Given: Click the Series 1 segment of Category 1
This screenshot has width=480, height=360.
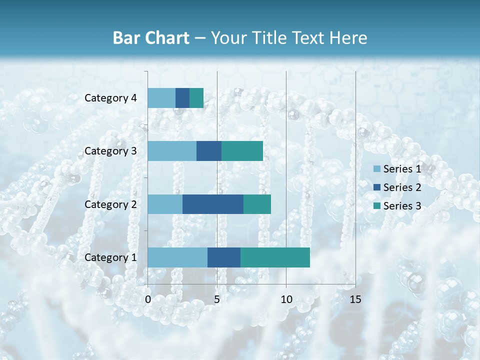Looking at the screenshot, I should tap(177, 257).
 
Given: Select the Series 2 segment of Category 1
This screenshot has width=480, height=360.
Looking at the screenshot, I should tap(224, 257).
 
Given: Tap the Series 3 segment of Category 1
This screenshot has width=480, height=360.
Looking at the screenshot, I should tap(275, 257).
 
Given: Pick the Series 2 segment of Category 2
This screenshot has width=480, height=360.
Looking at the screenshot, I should tap(213, 204).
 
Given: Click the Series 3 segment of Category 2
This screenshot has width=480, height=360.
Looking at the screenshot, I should tap(257, 204).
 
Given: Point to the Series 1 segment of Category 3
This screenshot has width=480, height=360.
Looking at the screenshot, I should tap(172, 151).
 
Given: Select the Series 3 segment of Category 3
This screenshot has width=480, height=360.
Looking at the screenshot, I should tap(242, 151).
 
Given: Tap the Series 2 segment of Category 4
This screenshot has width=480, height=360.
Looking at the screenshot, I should tap(182, 98).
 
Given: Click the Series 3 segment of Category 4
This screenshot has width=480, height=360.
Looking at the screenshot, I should tap(196, 98).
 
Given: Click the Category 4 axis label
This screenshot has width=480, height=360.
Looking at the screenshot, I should tap(110, 98).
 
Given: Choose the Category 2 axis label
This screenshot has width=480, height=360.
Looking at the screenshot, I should tap(110, 204).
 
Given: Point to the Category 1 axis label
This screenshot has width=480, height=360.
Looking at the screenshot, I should tap(110, 257).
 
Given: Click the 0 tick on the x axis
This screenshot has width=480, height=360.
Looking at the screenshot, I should tap(148, 299).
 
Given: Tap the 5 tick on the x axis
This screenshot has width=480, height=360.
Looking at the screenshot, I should tap(217, 299).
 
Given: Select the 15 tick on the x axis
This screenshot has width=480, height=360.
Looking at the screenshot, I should tap(355, 299).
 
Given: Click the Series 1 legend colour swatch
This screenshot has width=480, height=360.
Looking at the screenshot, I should tap(376, 169).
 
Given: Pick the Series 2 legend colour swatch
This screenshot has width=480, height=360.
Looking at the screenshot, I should tap(376, 187).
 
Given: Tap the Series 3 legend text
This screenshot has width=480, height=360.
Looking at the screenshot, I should tap(402, 206).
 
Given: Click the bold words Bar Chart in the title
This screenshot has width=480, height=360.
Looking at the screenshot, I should tap(150, 38).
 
